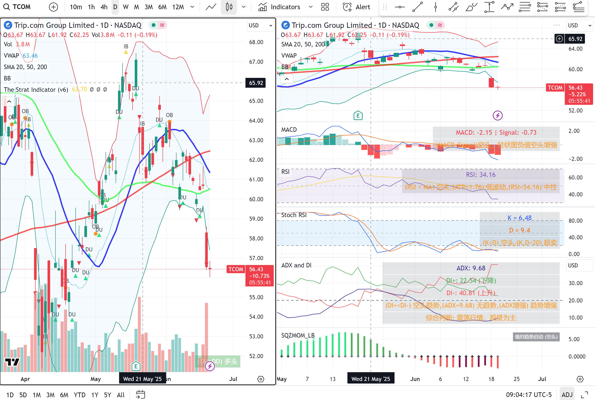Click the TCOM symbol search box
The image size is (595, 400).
point(17,7)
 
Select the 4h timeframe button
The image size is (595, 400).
point(104,7)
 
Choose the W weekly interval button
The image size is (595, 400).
point(125,7)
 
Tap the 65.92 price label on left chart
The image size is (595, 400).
point(256,83)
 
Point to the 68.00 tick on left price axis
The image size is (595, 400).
point(256,42)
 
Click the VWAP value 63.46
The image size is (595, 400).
point(30,56)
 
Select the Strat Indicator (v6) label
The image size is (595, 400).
point(36,90)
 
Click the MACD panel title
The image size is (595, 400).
point(289,130)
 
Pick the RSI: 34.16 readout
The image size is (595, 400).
point(480,175)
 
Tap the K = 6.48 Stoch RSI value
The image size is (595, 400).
point(519,218)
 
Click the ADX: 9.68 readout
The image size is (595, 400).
point(471,268)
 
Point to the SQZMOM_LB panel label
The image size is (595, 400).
point(298,335)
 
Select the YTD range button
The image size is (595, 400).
point(79,395)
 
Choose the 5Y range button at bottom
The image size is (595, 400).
point(108,395)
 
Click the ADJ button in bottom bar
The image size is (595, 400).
point(567,395)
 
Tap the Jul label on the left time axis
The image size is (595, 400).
point(233,379)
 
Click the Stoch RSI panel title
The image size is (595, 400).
point(294,215)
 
